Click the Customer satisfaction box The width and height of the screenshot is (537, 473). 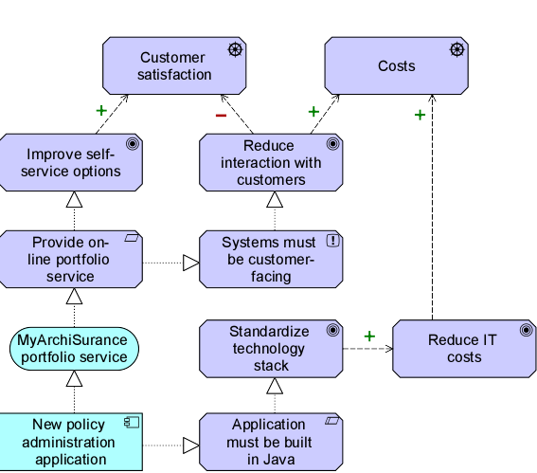point(174,65)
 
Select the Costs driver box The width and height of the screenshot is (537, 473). point(396,65)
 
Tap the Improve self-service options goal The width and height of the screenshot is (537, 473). point(71,162)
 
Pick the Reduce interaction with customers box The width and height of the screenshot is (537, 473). point(271,162)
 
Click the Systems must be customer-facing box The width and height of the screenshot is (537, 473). point(271,259)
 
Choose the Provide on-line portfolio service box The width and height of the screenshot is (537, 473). point(71,259)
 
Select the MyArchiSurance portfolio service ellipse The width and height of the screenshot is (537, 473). point(74,349)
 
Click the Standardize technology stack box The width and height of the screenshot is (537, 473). point(271,349)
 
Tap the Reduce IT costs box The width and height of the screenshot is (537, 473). point(464,349)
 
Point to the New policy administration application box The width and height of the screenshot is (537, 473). point(71,442)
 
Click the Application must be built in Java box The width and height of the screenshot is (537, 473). point(271,442)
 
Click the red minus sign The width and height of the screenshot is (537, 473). point(221,116)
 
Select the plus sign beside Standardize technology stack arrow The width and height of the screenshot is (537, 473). point(369,337)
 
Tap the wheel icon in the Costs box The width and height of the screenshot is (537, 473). point(457,49)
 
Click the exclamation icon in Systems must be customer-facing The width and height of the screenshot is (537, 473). point(332,241)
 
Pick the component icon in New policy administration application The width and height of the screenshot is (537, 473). point(132,422)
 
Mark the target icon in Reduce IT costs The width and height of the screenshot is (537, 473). point(526,330)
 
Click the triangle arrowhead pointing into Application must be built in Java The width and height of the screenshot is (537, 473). point(191,446)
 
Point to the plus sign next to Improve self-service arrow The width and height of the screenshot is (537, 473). point(101,110)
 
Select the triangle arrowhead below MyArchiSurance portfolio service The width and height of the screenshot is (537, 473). point(74,378)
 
